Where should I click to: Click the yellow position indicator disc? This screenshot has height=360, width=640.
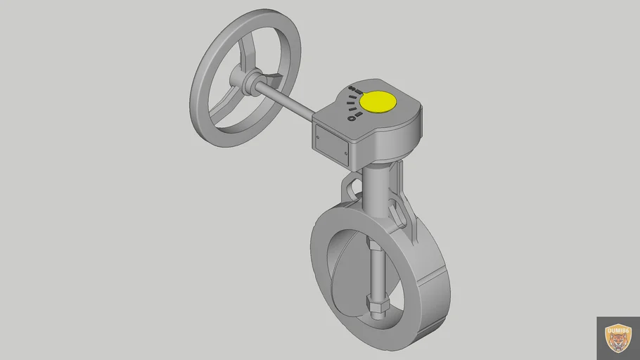click(x=378, y=102)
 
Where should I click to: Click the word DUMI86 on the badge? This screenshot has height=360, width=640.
click(x=618, y=326)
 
